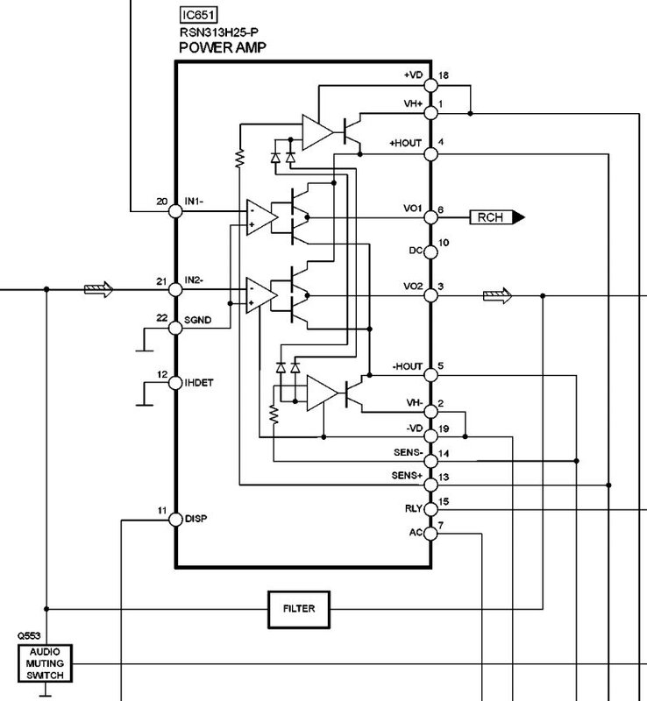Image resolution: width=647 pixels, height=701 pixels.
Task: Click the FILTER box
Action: coord(299,610)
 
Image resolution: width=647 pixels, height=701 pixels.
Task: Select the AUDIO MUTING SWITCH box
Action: coord(45,663)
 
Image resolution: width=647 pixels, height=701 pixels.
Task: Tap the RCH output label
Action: coord(497,217)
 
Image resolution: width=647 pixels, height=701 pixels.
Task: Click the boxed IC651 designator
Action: coord(198,15)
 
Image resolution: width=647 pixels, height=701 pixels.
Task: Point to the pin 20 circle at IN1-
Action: coord(175,211)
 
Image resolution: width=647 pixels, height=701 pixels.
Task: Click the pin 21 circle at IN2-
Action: coord(175,290)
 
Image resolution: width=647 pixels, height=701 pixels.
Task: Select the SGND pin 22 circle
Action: coord(175,328)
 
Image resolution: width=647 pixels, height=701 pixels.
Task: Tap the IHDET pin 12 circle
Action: coord(175,383)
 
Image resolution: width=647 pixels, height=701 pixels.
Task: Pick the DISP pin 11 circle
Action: coord(175,520)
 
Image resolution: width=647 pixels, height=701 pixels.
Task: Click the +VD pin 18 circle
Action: coord(430,85)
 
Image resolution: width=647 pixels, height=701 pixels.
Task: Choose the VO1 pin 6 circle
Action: coord(430,217)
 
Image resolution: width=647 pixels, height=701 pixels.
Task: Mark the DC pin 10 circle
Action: coord(430,251)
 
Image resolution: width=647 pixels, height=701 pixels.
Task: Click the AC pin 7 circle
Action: coord(430,534)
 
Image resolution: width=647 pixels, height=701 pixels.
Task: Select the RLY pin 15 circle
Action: coord(430,509)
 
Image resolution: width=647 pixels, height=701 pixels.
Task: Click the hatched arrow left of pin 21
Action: coord(98,289)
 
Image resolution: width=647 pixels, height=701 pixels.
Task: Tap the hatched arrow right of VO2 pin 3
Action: coord(497,295)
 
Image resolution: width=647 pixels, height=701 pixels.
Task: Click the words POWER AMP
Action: coord(223,47)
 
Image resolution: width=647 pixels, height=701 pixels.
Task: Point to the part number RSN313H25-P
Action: coord(219,32)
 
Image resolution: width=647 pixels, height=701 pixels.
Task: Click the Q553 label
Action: coord(29,636)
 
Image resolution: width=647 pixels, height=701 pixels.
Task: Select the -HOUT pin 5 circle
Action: coord(430,375)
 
